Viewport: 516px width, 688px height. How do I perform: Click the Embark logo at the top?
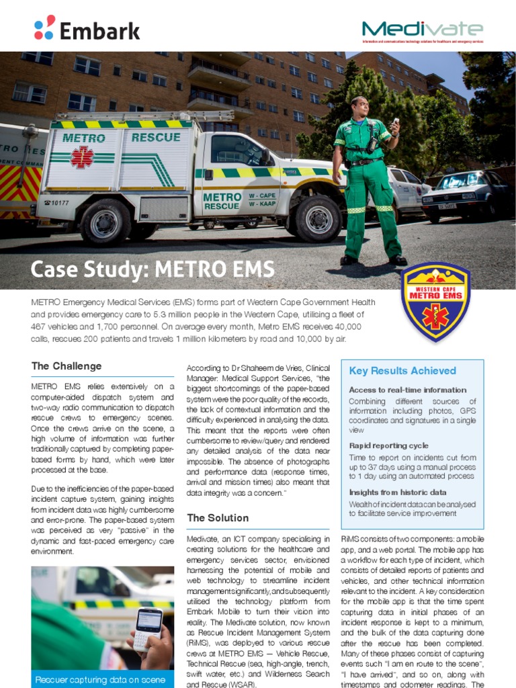pyautogui.click(x=87, y=29)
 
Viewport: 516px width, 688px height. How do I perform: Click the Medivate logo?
pyautogui.click(x=422, y=30)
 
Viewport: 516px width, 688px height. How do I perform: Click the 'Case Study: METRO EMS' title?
pyautogui.click(x=153, y=270)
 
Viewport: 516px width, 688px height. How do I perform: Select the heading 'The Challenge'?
pyautogui.click(x=67, y=366)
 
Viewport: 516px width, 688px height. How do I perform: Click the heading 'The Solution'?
pyautogui.click(x=218, y=518)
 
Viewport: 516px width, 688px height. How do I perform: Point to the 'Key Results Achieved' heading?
pyautogui.click(x=402, y=371)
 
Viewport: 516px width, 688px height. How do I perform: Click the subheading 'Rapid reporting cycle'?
pyautogui.click(x=388, y=445)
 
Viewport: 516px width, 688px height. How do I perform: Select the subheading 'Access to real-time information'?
pyautogui.click(x=407, y=390)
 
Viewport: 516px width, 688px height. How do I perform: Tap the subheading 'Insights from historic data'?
pyautogui.click(x=398, y=492)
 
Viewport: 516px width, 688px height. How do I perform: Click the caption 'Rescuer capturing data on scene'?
pyautogui.click(x=100, y=680)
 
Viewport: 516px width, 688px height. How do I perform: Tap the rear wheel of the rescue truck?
pyautogui.click(x=104, y=222)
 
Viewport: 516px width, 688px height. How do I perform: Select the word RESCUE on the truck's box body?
pyautogui.click(x=156, y=138)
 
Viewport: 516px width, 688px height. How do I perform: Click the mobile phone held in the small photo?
pyautogui.click(x=148, y=628)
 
